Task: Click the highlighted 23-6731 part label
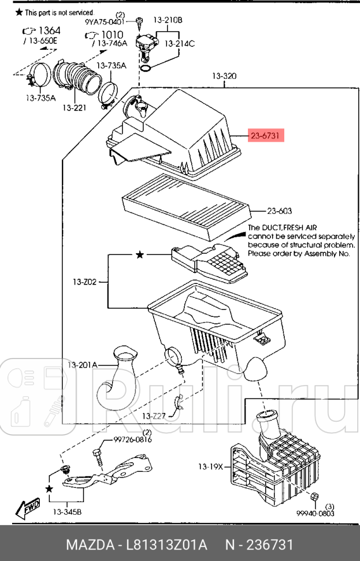coord(266,135)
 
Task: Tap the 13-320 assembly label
coord(224,76)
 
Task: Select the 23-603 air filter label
coord(280,211)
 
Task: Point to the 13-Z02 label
coord(84,282)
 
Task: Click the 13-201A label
coord(82,365)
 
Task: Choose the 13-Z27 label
coord(154,416)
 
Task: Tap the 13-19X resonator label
coord(210,467)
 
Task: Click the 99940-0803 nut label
coord(315,514)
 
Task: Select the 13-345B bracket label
coord(67,512)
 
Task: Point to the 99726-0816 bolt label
coord(133,440)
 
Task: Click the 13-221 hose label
coord(75,108)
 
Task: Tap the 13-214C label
coord(180,43)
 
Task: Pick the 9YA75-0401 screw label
coord(105,22)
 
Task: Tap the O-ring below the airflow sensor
coord(146,68)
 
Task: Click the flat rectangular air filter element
coord(186,207)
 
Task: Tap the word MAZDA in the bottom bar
coord(91,545)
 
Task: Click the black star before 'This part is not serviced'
coord(19,12)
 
